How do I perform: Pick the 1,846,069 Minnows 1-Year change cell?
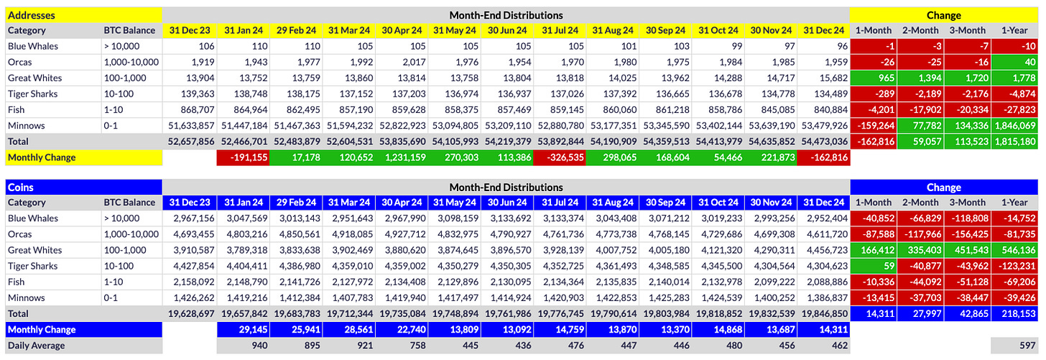tap(1015, 125)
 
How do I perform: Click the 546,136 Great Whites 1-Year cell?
tap(1016, 250)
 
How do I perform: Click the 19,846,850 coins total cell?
tap(823, 313)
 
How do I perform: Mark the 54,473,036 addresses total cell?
tap(823, 141)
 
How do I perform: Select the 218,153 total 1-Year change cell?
tap(1016, 313)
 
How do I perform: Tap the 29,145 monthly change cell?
tap(244, 329)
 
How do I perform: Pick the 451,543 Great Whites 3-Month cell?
tap(968, 250)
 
